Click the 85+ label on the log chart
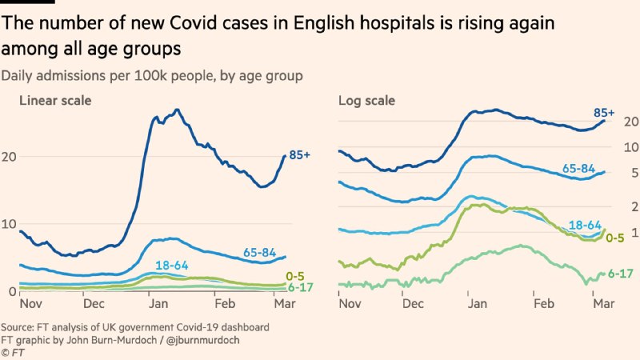[605, 114]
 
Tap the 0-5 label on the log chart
[615, 237]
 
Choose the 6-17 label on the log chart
[621, 273]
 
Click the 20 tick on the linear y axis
[10, 157]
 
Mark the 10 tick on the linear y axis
[10, 224]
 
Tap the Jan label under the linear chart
[157, 304]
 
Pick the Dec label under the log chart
[414, 304]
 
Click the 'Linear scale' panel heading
[54, 101]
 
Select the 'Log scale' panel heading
[365, 101]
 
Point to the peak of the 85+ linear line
[177, 110]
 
